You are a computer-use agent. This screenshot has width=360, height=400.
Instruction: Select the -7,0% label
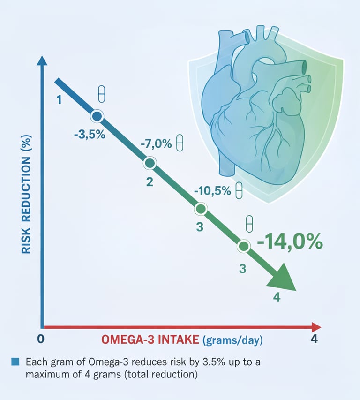pos(156,143)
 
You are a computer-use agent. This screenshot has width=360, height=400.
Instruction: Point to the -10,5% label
pos(212,191)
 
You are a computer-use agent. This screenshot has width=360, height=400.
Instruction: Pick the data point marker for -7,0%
pos(150,163)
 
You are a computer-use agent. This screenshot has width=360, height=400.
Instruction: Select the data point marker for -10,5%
pos(201,209)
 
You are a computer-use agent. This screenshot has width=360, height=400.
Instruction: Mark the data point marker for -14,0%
pos(243,246)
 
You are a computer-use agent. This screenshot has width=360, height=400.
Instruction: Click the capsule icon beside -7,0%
pos(179,142)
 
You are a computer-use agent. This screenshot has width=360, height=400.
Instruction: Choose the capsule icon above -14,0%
pos(249,222)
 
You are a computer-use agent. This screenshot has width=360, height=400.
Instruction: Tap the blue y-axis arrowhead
pos(42,61)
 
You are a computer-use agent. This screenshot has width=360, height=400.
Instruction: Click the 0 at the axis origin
pos(41,339)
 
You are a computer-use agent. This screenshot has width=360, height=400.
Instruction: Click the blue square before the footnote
pos(15,362)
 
